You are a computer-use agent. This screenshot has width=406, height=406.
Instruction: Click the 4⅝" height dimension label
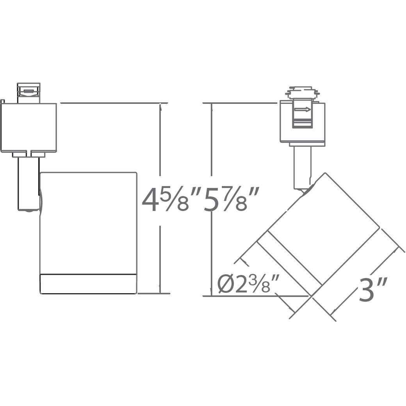pyautogui.click(x=171, y=200)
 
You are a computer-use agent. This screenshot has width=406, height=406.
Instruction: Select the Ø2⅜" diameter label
pyautogui.click(x=248, y=284)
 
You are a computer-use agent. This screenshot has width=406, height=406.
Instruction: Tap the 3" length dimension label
pyautogui.click(x=372, y=290)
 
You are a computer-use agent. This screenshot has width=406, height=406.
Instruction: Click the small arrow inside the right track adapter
pyautogui.click(x=303, y=110)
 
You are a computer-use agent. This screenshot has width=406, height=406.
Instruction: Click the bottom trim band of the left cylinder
pyautogui.click(x=88, y=284)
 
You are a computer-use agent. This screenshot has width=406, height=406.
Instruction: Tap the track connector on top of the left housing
pyautogui.click(x=28, y=93)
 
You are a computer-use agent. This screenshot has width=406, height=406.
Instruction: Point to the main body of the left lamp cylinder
pyautogui.click(x=88, y=223)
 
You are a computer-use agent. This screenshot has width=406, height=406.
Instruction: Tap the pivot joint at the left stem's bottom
pyautogui.click(x=28, y=210)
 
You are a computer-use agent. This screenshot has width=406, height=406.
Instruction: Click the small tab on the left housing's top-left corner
pyautogui.click(x=2, y=101)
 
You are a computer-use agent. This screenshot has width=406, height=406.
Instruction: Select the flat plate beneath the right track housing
pyautogui.click(x=307, y=144)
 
